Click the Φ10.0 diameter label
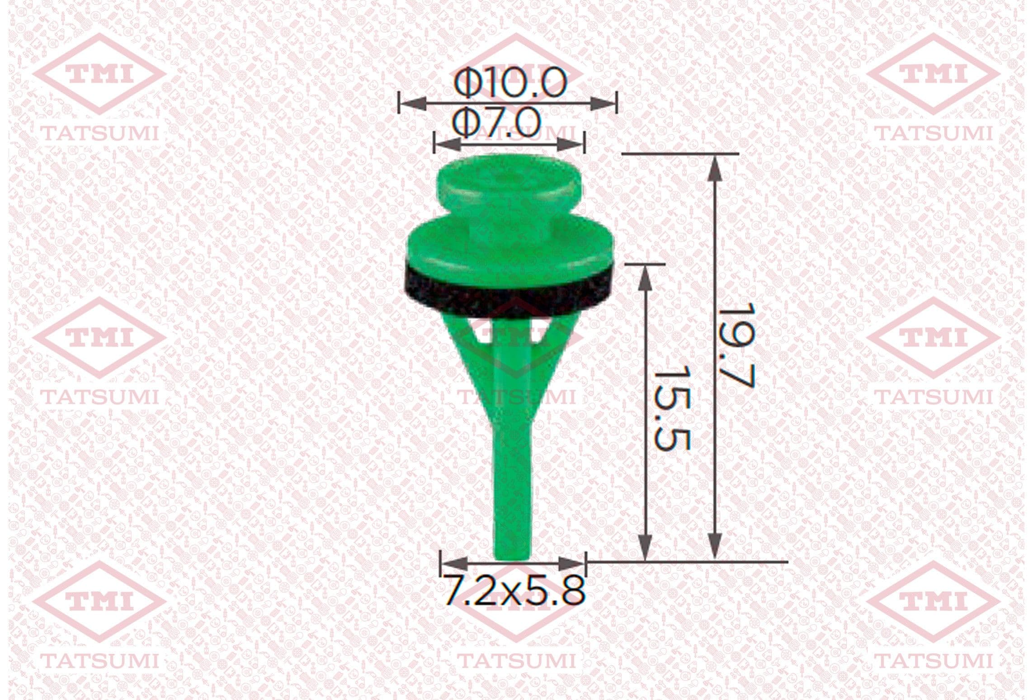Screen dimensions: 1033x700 click(510, 83)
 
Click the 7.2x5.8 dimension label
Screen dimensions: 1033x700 click(513, 590)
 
